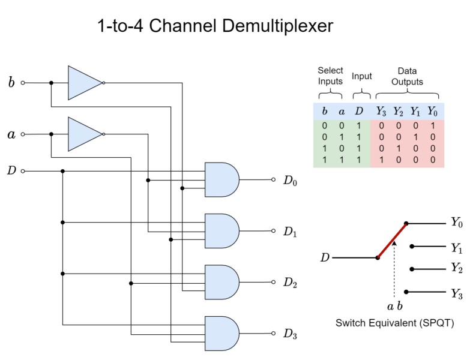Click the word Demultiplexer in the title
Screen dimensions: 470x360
click(277, 26)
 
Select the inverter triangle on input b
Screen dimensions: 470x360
click(85, 83)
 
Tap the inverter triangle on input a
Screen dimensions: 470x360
click(85, 134)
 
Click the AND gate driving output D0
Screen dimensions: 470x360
click(222, 180)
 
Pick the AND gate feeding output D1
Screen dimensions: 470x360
click(222, 231)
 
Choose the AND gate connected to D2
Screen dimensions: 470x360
click(222, 282)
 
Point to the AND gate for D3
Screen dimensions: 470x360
click(222, 334)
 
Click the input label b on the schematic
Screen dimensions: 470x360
click(11, 82)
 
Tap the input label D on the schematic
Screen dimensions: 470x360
click(11, 170)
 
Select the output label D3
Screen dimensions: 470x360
click(290, 334)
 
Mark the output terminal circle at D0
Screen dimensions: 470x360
click(273, 180)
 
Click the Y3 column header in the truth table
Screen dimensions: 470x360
click(381, 112)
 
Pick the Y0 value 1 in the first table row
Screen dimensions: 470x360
click(433, 126)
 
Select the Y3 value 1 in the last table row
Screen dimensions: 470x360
click(381, 160)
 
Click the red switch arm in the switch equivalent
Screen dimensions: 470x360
click(392, 241)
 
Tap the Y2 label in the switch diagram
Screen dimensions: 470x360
click(457, 268)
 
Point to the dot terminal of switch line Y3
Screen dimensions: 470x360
click(406, 292)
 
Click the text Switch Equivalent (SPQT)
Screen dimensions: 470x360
click(395, 323)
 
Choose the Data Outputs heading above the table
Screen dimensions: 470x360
click(407, 76)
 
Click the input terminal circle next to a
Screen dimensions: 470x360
click(23, 134)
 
